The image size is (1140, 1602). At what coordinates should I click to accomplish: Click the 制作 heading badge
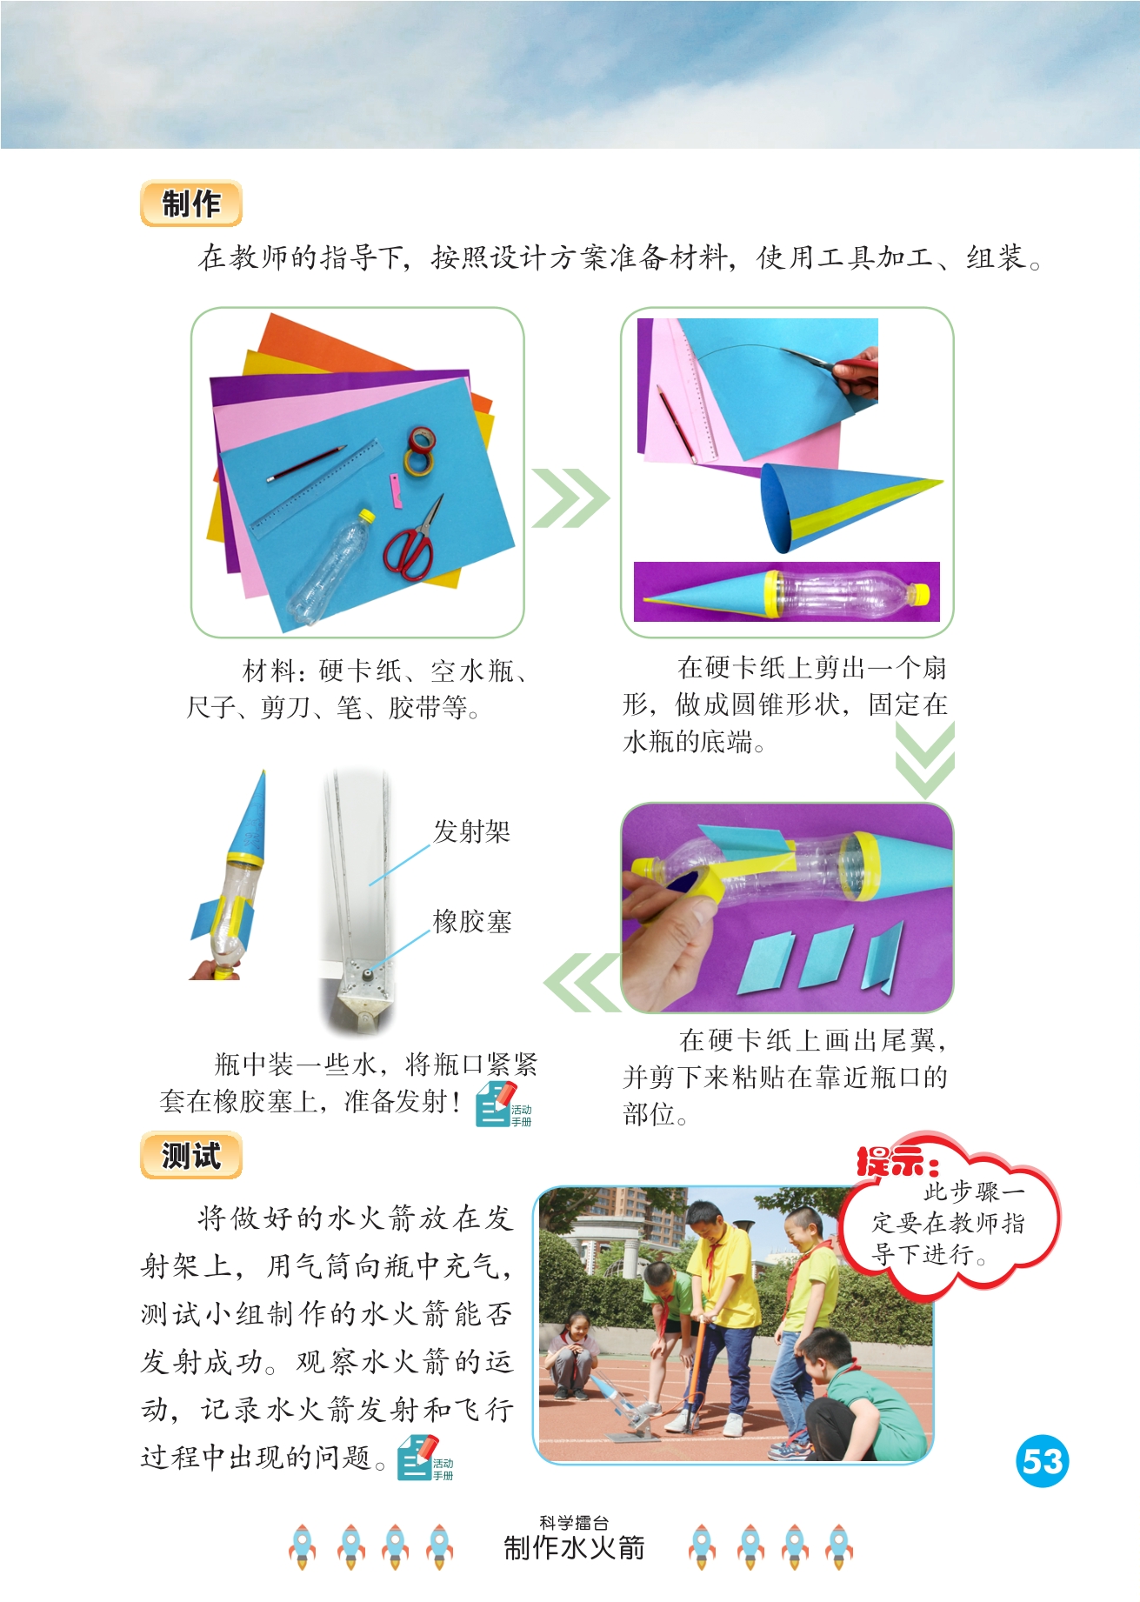(190, 204)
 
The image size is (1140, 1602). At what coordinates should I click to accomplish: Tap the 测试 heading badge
(190, 1156)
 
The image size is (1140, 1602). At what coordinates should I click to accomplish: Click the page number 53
(1042, 1461)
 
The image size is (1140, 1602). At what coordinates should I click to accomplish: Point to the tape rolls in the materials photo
(420, 451)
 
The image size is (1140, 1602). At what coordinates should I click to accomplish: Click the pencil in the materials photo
(307, 464)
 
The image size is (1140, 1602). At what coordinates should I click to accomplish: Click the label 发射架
(471, 831)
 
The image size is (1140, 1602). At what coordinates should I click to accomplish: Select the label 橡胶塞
(472, 921)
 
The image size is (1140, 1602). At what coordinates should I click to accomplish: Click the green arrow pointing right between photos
(570, 497)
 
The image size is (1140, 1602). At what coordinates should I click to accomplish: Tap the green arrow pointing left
(582, 982)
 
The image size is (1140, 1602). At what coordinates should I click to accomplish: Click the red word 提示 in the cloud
(897, 1162)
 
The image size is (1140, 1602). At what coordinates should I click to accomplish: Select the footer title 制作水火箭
(574, 1548)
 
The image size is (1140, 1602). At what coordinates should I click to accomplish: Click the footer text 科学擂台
(574, 1522)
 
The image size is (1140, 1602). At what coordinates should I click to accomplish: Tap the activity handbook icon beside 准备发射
(503, 1105)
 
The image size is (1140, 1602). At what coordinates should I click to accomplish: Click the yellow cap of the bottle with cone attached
(918, 595)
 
